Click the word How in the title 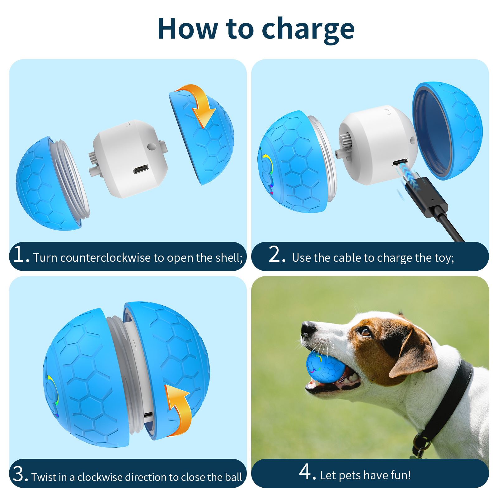point(187,29)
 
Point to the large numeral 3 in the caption point(20,474)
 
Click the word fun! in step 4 point(401,475)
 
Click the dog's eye point(365,332)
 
